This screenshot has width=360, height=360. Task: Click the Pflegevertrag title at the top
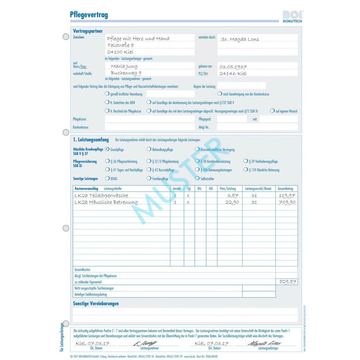pyautogui.click(x=89, y=15)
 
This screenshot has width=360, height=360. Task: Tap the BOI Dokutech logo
pyautogui.click(x=292, y=17)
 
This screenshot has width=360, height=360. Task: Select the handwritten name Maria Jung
pyautogui.click(x=124, y=66)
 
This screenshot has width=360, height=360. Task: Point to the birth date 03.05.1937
pyautogui.click(x=233, y=67)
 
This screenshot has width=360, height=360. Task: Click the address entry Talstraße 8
pyautogui.click(x=121, y=45)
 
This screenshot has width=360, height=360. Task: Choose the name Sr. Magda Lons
pyautogui.click(x=240, y=39)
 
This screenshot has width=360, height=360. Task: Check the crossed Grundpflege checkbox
pyautogui.click(x=107, y=149)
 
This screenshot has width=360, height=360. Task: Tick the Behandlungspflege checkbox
pyautogui.click(x=149, y=149)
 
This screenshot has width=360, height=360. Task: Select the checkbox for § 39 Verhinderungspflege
pyautogui.click(x=246, y=161)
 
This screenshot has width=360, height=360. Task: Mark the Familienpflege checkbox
pyautogui.click(x=149, y=178)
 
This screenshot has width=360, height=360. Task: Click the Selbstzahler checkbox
pyautogui.click(x=197, y=178)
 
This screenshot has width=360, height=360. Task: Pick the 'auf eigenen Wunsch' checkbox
pyautogui.click(x=273, y=111)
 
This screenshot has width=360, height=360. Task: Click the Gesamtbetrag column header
pyautogui.click(x=287, y=188)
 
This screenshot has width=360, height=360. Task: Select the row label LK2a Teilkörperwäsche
pyautogui.click(x=101, y=195)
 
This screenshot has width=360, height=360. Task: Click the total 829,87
pyautogui.click(x=288, y=282)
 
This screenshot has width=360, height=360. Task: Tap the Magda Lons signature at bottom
pyautogui.click(x=265, y=343)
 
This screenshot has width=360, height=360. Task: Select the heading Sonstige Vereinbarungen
pyautogui.click(x=96, y=303)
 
